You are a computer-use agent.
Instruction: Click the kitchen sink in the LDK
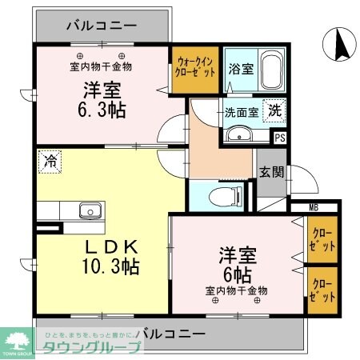tap(89, 212)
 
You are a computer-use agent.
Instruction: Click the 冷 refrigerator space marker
tap(50, 160)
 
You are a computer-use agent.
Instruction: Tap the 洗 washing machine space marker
tap(274, 112)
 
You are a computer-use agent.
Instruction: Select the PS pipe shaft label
tap(279, 138)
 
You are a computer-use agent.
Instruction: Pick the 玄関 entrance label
tap(270, 171)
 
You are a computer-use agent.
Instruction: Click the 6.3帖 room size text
tap(102, 110)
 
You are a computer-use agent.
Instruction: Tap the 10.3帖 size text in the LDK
tap(111, 265)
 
